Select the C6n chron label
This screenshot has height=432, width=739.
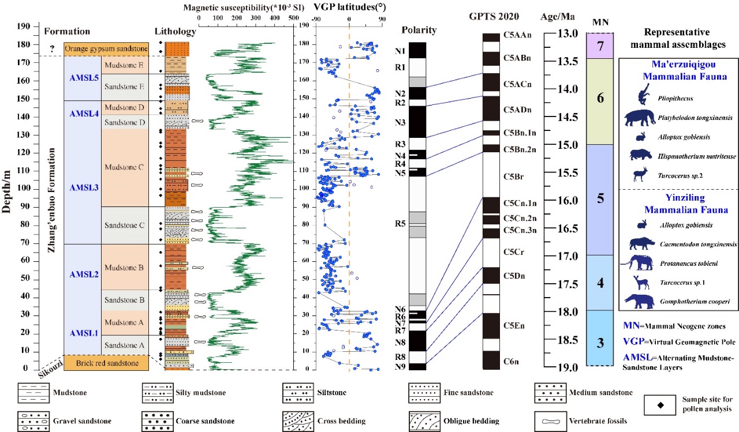point(512,361)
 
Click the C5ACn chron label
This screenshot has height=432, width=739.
point(517,84)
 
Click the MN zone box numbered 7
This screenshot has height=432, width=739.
point(600,46)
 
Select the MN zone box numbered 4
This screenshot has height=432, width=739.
point(600,283)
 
